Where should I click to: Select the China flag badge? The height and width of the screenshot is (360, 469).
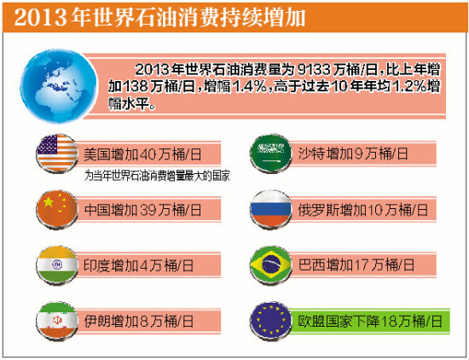(x=57, y=207)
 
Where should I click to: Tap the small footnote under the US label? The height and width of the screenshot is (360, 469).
(x=158, y=177)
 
